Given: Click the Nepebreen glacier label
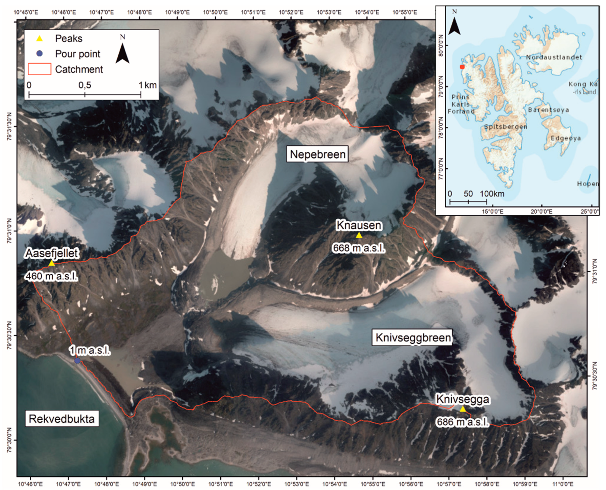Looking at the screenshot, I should coord(317,154).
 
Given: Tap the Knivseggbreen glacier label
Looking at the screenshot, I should coord(412,338).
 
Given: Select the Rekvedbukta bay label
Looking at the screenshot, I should coord(62,419).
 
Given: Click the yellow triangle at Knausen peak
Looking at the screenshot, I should coord(359,235).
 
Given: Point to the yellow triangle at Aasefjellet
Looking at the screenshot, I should coord(52,263).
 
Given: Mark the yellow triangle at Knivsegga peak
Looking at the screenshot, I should coord(462,409).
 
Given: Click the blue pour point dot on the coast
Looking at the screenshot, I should coord(77,361).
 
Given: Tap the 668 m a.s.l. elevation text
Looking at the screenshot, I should coord(359,248).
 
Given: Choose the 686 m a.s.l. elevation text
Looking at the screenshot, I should coord(462,422).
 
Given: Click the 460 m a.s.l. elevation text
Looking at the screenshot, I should coord(52,276).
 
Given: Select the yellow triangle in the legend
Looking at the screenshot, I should coord(39,39).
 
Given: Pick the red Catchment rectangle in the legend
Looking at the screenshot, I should coord(39,69).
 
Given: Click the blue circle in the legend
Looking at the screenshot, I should coord(39,54).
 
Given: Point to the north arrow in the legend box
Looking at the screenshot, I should coord(123,52).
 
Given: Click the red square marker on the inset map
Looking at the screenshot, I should coord(462,67).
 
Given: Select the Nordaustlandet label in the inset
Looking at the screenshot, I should coord(554,57).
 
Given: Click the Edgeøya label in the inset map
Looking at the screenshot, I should coord(565,138).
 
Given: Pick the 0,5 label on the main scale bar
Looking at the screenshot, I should coord(85,85).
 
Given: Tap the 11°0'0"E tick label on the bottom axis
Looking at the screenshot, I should coord(563,484).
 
